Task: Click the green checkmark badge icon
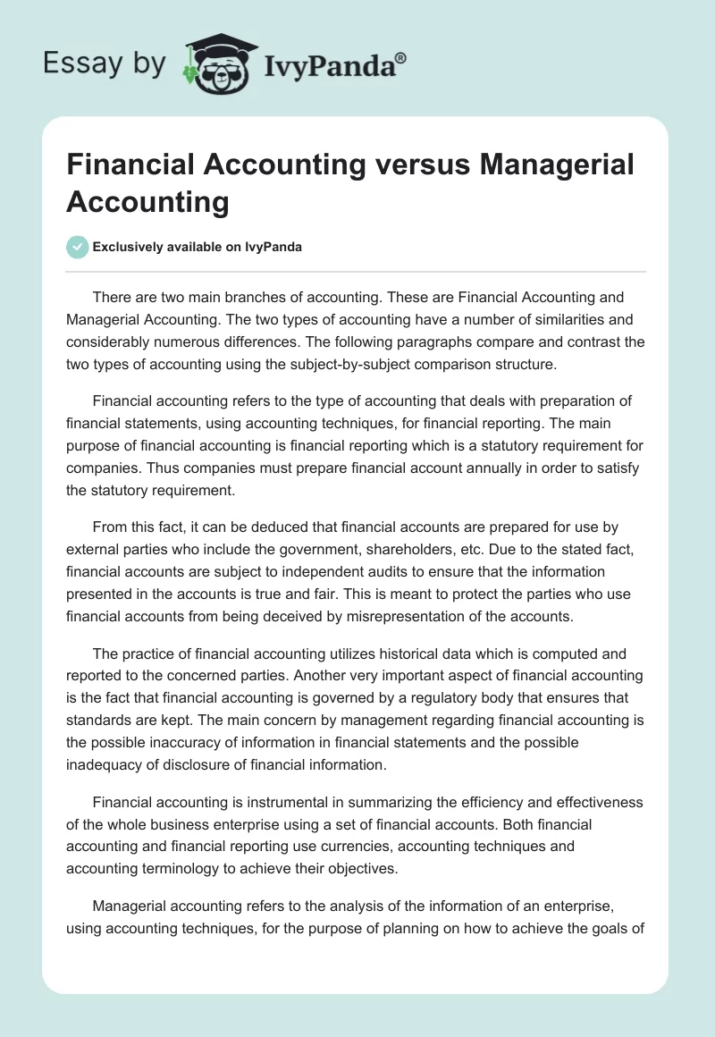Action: point(78,247)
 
